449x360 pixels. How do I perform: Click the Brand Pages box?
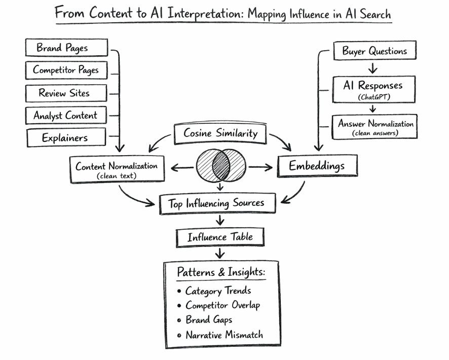pyautogui.click(x=66, y=48)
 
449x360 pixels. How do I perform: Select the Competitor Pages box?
pyautogui.click(x=66, y=70)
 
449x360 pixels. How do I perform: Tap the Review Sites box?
pyautogui.click(x=66, y=93)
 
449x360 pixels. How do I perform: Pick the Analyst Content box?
pyautogui.click(x=66, y=116)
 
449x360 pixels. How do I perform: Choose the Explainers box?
pyautogui.click(x=66, y=137)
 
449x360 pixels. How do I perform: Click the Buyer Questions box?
pyautogui.click(x=375, y=51)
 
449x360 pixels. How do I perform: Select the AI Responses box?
pyautogui.click(x=373, y=89)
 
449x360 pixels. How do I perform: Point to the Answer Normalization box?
pyautogui.click(x=376, y=126)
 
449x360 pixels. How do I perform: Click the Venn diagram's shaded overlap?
pyautogui.click(x=220, y=166)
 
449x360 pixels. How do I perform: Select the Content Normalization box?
pyautogui.click(x=117, y=169)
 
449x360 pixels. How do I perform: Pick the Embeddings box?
pyautogui.click(x=317, y=166)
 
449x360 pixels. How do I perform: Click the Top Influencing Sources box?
pyautogui.click(x=216, y=203)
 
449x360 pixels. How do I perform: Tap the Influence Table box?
pyautogui.click(x=220, y=237)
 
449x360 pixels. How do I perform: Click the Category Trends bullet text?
pyautogui.click(x=218, y=291)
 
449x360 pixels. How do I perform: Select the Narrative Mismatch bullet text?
pyautogui.click(x=224, y=335)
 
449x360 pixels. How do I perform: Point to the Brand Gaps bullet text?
pyautogui.click(x=209, y=320)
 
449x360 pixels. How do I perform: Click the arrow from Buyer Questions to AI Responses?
pyautogui.click(x=373, y=68)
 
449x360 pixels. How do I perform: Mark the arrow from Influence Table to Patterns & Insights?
pyautogui.click(x=220, y=253)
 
